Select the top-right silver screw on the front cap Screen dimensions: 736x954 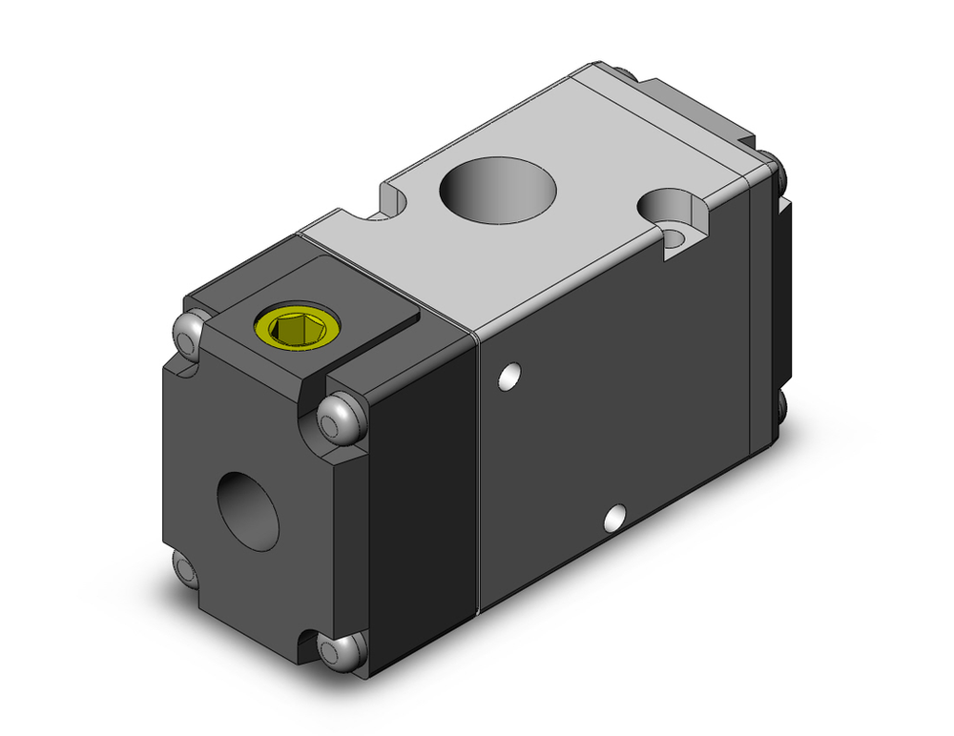[338, 416]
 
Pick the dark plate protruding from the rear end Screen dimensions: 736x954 [787, 286]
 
